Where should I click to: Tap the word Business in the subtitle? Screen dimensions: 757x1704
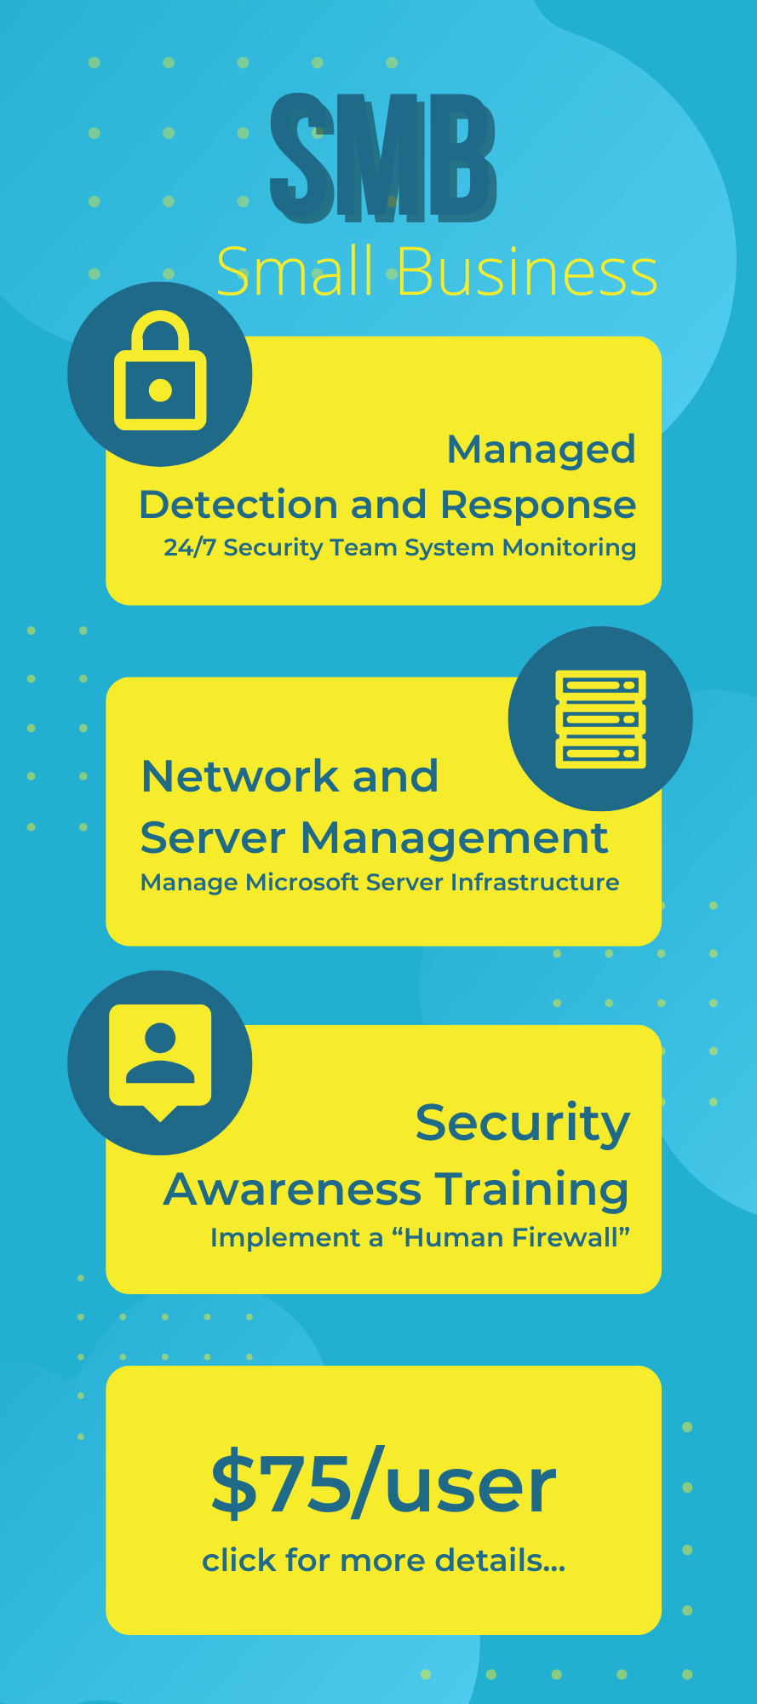coord(527,272)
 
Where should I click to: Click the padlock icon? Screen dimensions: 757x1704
coord(160,371)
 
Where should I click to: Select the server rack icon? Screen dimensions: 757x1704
coord(600,718)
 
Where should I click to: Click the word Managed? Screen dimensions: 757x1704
coord(542,449)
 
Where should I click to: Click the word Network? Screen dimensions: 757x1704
coord(240,776)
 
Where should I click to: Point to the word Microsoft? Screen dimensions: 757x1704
coord(302,882)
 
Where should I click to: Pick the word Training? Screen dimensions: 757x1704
coord(532,1191)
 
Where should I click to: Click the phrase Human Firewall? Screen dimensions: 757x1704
coord(511,1237)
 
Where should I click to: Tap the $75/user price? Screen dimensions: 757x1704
coord(383,1485)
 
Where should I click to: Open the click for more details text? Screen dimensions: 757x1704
coord(383,1560)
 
